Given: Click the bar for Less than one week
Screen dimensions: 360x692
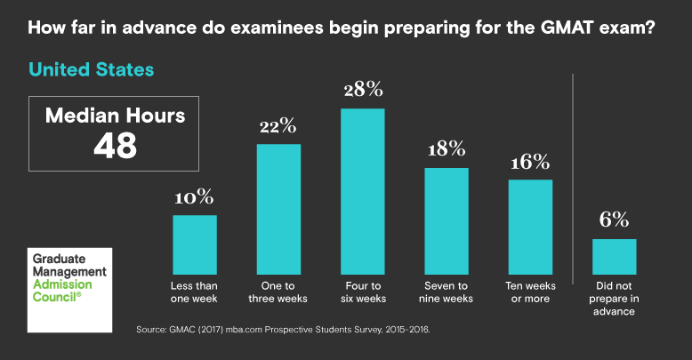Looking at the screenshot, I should point(195,244).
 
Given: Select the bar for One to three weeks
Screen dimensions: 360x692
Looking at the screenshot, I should point(278,209).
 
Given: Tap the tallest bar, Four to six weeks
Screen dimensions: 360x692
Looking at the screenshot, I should point(363,191).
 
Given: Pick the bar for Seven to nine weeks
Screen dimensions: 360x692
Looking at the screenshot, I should point(447,220).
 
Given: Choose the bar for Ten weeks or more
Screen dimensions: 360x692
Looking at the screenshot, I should point(530,227).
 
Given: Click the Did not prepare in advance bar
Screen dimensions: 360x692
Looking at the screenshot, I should point(615,256).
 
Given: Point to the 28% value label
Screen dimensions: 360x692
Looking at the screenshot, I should point(363,90).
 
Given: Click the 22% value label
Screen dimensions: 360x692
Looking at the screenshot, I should point(278,125).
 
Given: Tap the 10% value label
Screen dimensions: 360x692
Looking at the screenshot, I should point(195,196).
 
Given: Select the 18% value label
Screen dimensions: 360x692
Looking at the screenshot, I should point(447,149).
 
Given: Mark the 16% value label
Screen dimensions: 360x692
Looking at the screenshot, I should point(530,162).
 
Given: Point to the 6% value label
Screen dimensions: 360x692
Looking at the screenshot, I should point(615,220).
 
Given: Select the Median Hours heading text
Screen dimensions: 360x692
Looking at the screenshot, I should point(116,116).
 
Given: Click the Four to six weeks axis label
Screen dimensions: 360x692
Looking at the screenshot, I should point(363,292).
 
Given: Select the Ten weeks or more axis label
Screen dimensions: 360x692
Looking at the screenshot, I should point(530,292).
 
